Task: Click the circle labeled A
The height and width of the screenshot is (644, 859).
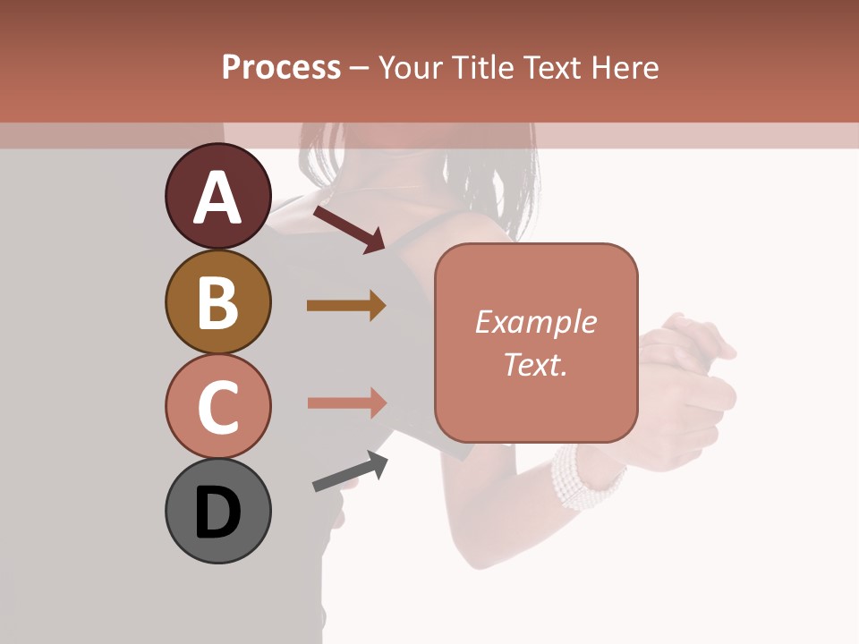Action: pyautogui.click(x=217, y=197)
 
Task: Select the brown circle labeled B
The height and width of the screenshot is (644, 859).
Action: pyautogui.click(x=217, y=301)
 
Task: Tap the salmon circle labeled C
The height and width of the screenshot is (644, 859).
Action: pyautogui.click(x=217, y=406)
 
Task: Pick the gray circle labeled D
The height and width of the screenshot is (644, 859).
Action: pyautogui.click(x=217, y=511)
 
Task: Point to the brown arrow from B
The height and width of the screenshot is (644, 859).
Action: pyautogui.click(x=346, y=306)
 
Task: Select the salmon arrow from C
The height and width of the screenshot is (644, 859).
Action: pyautogui.click(x=346, y=402)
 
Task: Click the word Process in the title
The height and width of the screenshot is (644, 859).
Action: pyautogui.click(x=281, y=68)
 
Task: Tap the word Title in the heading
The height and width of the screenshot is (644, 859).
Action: pyautogui.click(x=481, y=68)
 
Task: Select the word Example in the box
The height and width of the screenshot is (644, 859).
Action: pyautogui.click(x=535, y=322)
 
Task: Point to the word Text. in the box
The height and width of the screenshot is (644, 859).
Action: pyautogui.click(x=535, y=364)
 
